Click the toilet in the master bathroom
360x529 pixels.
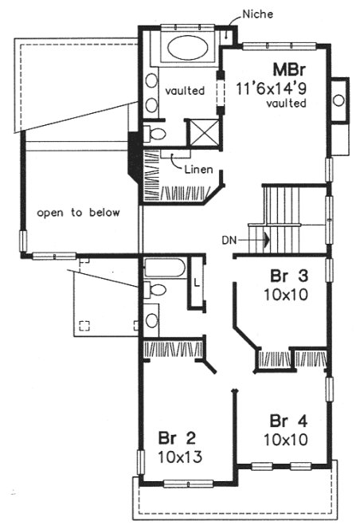pyautogui.click(x=156, y=132)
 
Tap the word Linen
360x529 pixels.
pyautogui.click(x=198, y=170)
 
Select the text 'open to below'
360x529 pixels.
pyautogui.click(x=78, y=213)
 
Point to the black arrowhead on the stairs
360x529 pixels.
pyautogui.click(x=268, y=237)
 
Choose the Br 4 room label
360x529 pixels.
pyautogui.click(x=284, y=421)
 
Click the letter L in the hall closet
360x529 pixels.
pyautogui.click(x=195, y=283)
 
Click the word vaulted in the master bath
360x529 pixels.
pyautogui.click(x=182, y=92)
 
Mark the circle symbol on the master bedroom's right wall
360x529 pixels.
pyautogui.click(x=338, y=100)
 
